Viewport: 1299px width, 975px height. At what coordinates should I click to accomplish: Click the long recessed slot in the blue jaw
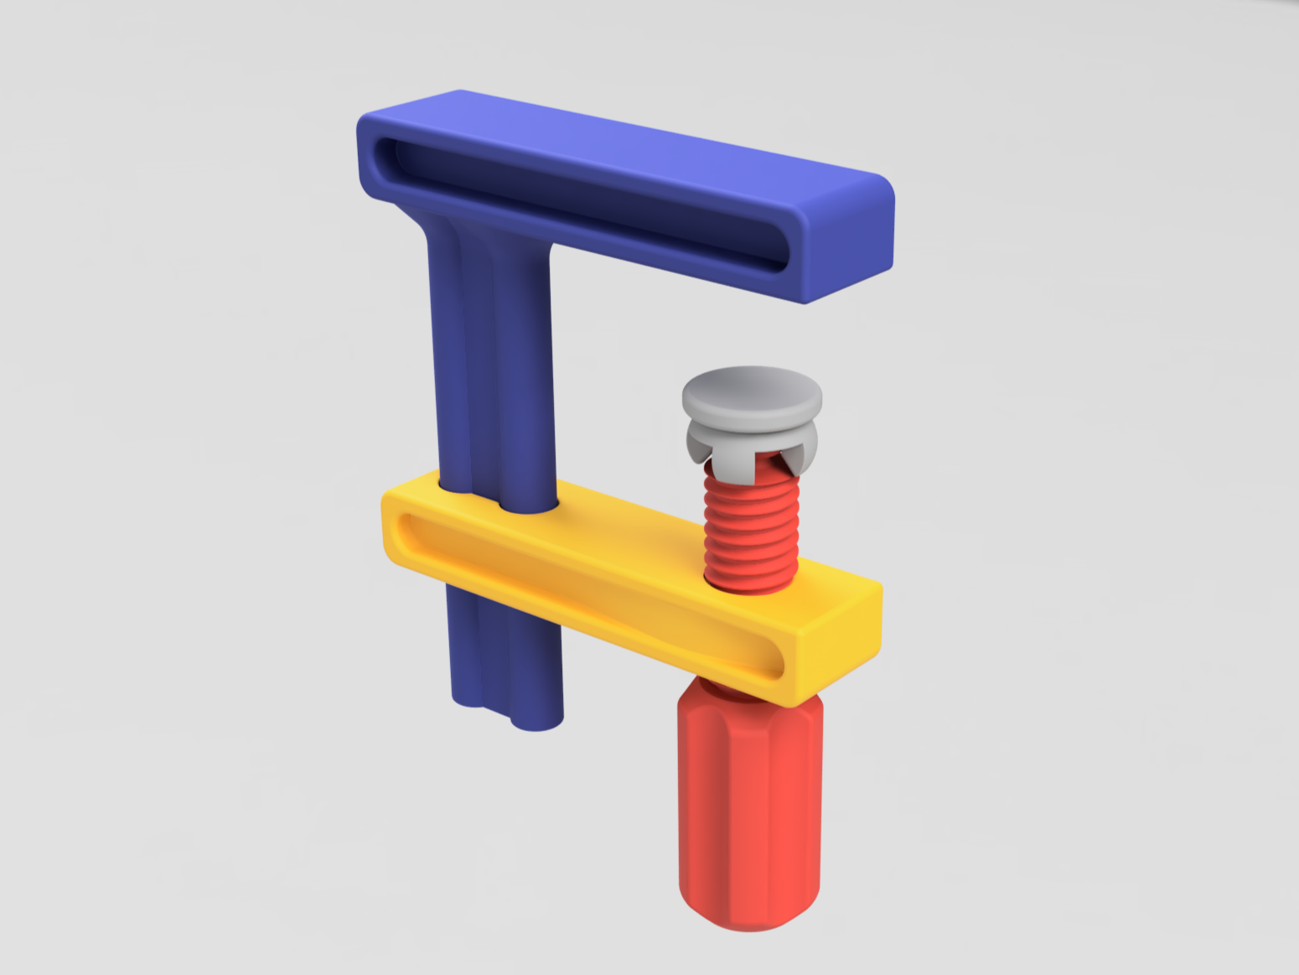pyautogui.click(x=578, y=201)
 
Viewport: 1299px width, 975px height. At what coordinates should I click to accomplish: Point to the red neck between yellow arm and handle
pyautogui.click(x=712, y=687)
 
